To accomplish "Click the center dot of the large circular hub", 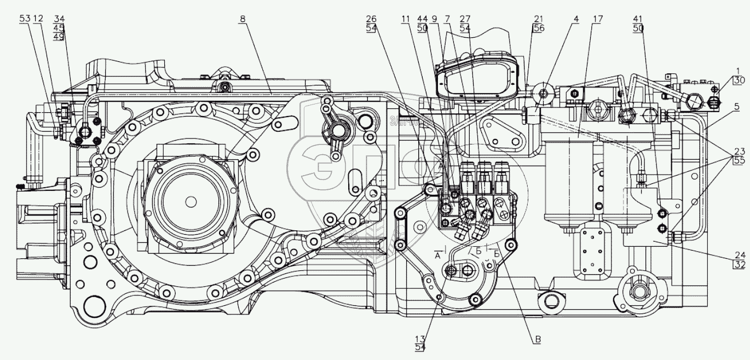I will [x=190, y=201].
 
